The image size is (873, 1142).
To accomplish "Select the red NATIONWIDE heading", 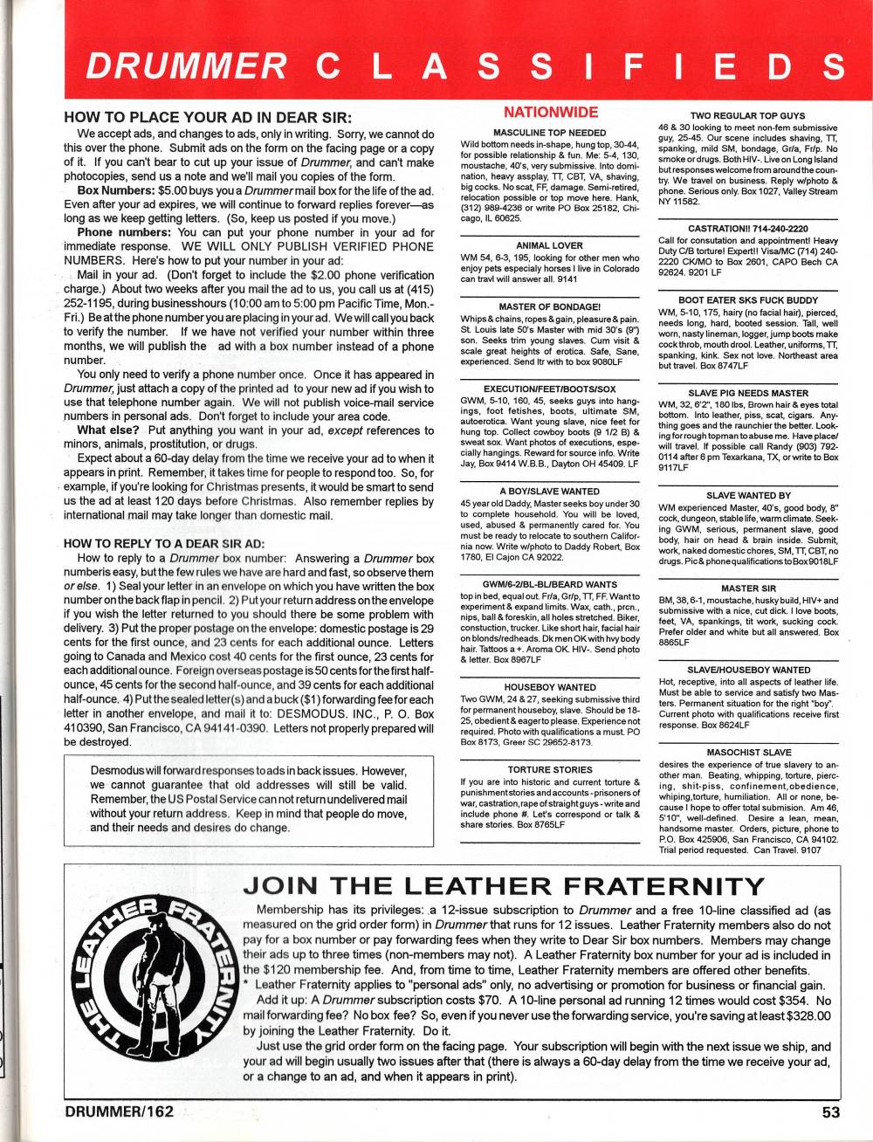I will click(551, 113).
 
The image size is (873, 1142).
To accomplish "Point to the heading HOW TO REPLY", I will click(164, 542).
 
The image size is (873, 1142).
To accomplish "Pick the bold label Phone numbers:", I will click(125, 233).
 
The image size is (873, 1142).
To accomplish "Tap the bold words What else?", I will click(108, 430).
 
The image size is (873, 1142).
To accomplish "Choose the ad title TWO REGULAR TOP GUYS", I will click(747, 116).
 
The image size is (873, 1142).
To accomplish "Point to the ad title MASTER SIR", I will click(748, 588).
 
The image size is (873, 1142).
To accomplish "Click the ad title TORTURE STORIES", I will click(550, 769).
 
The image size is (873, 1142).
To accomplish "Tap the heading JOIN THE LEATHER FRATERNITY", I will click(505, 885).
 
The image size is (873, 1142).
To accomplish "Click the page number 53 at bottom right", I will click(830, 1112).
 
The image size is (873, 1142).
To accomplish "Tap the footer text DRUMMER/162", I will click(120, 1111).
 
